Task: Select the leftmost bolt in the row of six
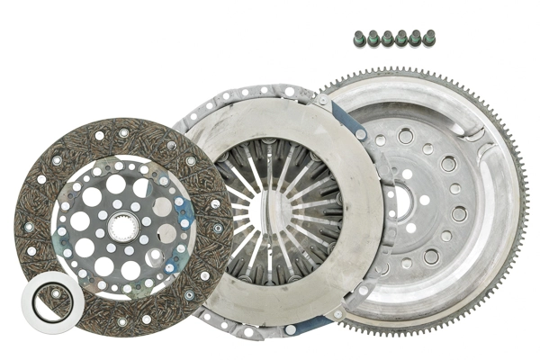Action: pyautogui.click(x=359, y=39)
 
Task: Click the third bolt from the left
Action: pyautogui.click(x=387, y=39)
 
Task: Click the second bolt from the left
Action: pyautogui.click(x=373, y=39)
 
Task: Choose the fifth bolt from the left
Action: pyautogui.click(x=414, y=39)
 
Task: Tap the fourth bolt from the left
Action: pyautogui.click(x=400, y=39)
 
